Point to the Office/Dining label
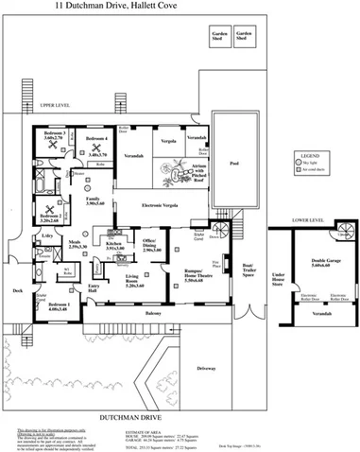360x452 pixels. click(150, 246)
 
